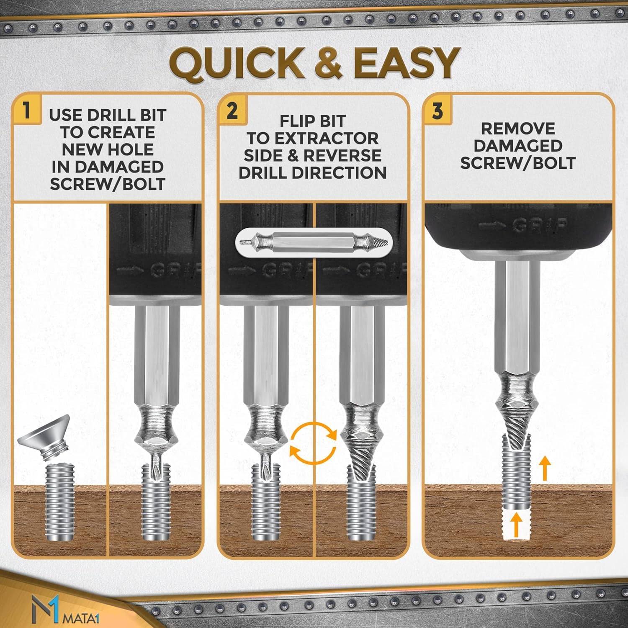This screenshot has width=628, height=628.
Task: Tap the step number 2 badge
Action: (232, 111)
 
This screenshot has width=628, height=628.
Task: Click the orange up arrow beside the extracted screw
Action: (544, 468)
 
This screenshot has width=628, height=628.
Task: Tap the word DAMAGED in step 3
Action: (518, 146)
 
